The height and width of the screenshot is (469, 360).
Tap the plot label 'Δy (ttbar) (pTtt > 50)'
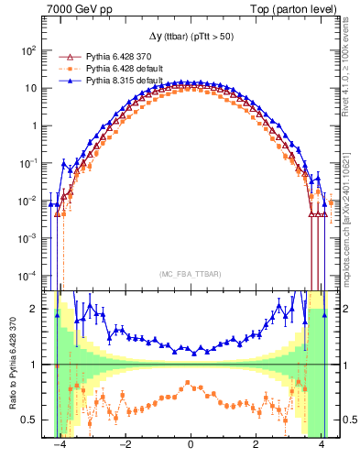tap(190, 35)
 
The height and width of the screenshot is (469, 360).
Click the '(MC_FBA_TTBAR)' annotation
tap(190, 274)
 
